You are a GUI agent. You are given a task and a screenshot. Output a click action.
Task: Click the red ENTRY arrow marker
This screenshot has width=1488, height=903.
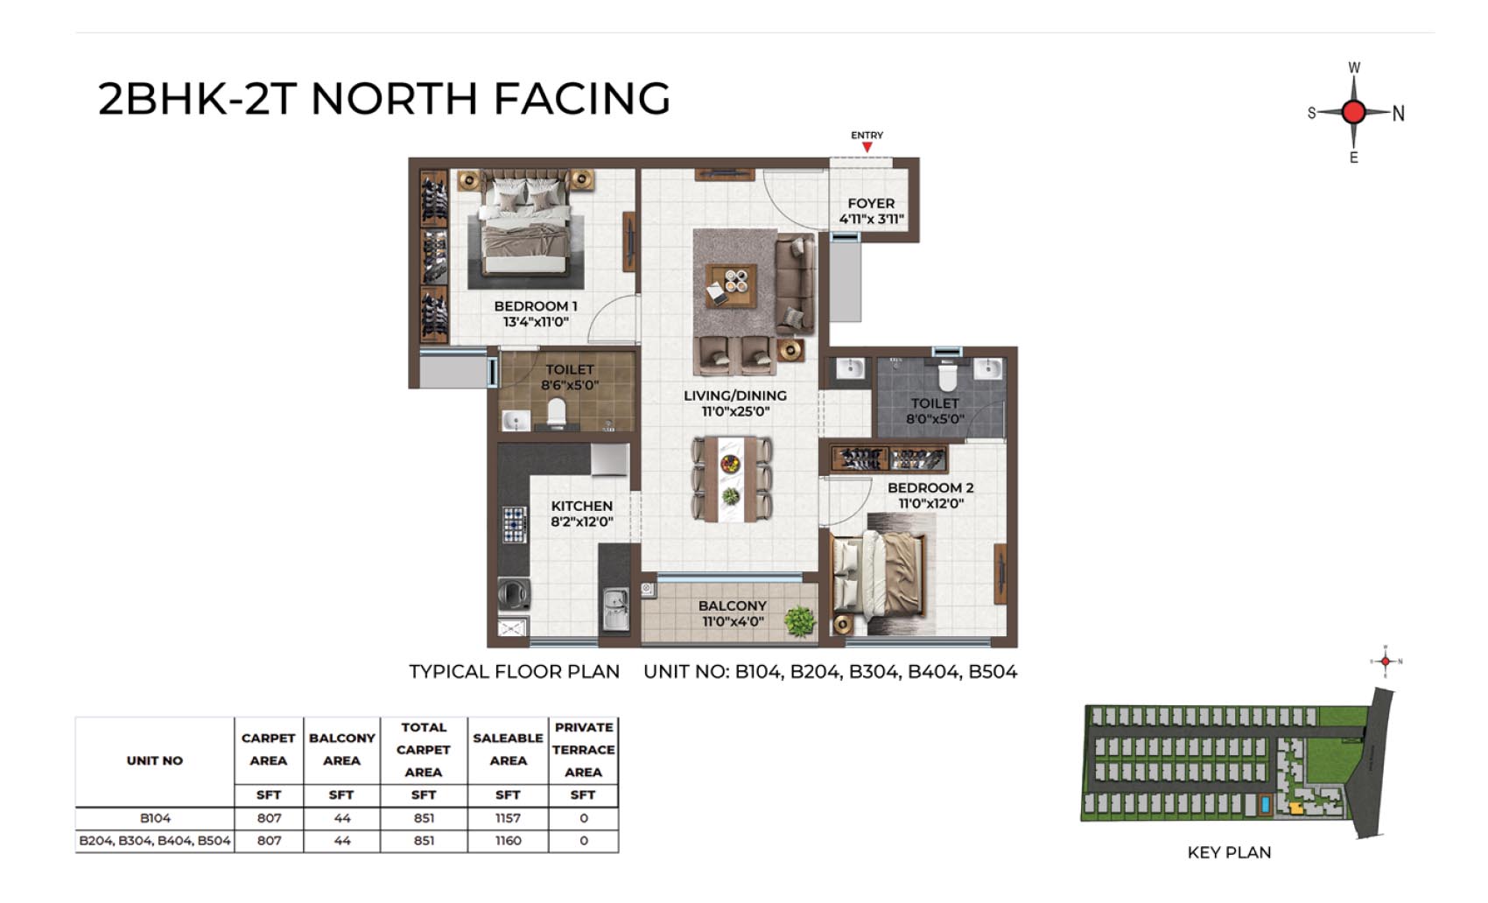click(x=867, y=147)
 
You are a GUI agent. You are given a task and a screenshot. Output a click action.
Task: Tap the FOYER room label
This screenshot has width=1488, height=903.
click(x=871, y=204)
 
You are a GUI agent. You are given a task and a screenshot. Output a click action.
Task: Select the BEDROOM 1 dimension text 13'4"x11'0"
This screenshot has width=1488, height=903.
click(x=536, y=322)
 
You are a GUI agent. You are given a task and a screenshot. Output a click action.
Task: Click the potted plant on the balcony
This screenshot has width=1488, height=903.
click(x=800, y=621)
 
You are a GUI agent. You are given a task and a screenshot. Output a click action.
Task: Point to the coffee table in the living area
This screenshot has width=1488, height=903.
click(x=731, y=285)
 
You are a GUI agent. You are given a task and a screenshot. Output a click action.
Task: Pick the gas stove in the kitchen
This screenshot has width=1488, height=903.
click(x=514, y=524)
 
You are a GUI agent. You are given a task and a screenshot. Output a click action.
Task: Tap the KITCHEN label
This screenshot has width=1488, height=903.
click(x=582, y=506)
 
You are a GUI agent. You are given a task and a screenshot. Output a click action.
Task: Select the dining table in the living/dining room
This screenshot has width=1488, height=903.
click(x=731, y=478)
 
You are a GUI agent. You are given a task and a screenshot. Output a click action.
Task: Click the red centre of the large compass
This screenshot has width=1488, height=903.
click(x=1353, y=112)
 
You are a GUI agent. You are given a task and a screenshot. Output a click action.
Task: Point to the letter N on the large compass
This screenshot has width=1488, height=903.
click(x=1399, y=115)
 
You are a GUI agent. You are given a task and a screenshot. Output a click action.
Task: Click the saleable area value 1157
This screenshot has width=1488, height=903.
click(x=509, y=819)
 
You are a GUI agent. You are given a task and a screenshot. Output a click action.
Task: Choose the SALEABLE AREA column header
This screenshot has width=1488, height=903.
click(x=509, y=750)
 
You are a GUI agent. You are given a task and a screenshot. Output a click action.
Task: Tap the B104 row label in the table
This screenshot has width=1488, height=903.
click(x=155, y=819)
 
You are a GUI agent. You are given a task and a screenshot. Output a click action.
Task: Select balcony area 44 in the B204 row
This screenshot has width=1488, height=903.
click(x=341, y=841)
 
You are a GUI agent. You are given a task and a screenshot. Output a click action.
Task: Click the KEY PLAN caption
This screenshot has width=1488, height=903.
click(x=1229, y=852)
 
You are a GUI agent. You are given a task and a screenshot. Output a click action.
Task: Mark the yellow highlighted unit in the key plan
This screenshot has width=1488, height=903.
click(x=1295, y=808)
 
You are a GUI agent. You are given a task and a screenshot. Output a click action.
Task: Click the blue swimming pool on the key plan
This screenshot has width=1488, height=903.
click(x=1266, y=805)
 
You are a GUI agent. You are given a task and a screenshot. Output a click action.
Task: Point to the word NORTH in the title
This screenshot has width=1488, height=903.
click(x=394, y=98)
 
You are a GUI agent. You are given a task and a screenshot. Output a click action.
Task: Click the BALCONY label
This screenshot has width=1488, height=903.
click(x=733, y=606)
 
